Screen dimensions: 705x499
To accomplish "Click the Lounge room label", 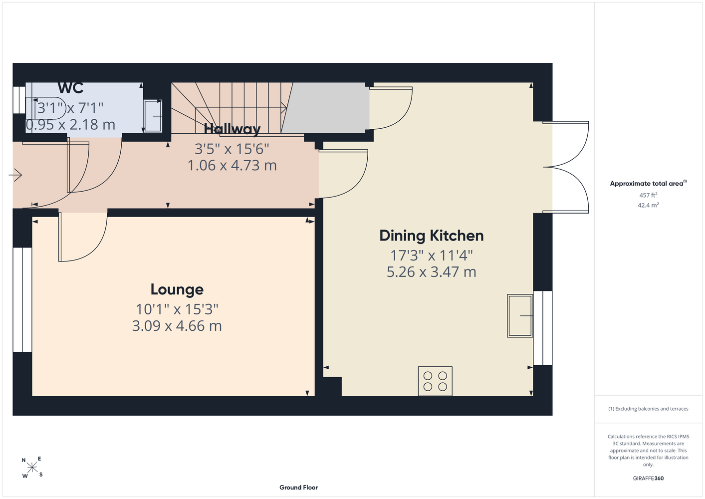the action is [x=177, y=289].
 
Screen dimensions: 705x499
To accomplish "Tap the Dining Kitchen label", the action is [x=432, y=236].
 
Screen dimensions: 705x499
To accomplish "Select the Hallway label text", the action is [x=232, y=129].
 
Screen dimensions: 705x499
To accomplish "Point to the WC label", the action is [x=71, y=88].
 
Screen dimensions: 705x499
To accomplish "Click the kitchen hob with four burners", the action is [x=435, y=381].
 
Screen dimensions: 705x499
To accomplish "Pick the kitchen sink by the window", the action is [x=520, y=316].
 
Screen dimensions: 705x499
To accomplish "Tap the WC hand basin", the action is [x=153, y=116].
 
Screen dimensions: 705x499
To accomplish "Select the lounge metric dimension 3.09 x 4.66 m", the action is [x=177, y=326].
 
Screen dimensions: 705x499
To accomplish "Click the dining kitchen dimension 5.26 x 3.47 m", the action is [x=432, y=272].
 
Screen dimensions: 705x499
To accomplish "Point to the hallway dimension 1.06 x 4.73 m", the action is [x=232, y=166].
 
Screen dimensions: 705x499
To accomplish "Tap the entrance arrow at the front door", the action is [x=15, y=175].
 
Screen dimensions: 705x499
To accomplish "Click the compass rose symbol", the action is [x=32, y=467].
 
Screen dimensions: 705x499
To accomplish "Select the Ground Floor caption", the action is [x=299, y=488].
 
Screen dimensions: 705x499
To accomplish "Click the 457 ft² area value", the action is [x=648, y=195].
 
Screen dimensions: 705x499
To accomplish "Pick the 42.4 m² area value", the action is [x=648, y=205].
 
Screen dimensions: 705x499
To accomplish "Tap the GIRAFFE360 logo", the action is [x=648, y=478].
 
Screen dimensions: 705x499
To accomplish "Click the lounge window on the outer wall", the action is [x=22, y=300].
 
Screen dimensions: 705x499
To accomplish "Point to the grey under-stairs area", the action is [x=325, y=108].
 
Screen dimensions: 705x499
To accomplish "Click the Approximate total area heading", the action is [x=648, y=183].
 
